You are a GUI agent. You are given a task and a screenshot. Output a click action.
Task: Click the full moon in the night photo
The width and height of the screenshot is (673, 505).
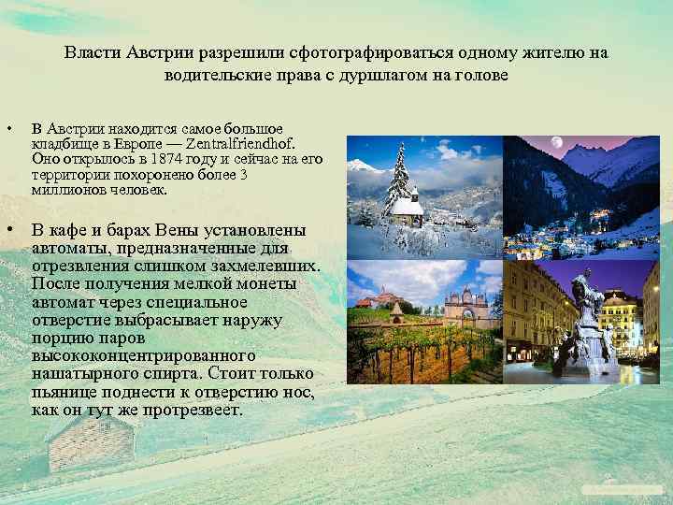[557, 143]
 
